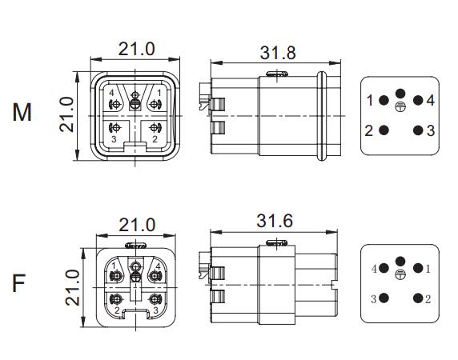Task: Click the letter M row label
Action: (x=22, y=113)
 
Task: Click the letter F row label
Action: (x=18, y=282)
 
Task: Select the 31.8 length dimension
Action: (x=278, y=53)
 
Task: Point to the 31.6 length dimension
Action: (x=275, y=221)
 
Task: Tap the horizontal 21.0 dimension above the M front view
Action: (x=136, y=49)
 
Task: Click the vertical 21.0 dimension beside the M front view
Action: (x=67, y=114)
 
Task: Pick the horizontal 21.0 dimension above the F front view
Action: (x=137, y=225)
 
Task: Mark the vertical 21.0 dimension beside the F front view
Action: (x=72, y=288)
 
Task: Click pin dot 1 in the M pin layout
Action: (x=384, y=100)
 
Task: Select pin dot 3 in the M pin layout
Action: (x=418, y=130)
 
